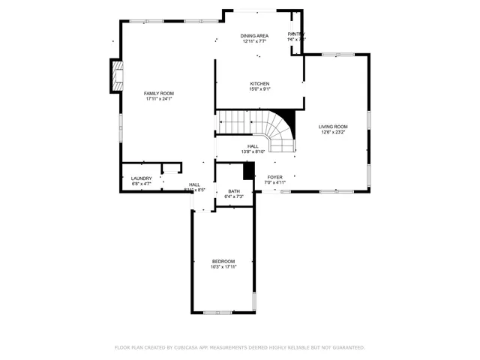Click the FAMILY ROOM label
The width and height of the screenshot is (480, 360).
[x=158, y=93]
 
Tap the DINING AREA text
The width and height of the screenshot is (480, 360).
[x=254, y=36]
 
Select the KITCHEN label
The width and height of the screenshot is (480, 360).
[x=259, y=83]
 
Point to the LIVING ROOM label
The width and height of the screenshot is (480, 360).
[x=333, y=127]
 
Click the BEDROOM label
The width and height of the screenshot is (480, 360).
[x=223, y=261]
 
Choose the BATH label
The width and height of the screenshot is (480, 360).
[x=233, y=191]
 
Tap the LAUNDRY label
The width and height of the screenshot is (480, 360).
[x=141, y=178]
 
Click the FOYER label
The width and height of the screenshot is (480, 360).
[x=275, y=177]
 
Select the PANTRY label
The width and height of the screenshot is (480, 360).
[x=296, y=34]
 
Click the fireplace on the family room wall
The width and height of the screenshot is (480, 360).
[x=116, y=76]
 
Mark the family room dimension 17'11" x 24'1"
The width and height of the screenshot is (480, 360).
[x=158, y=99]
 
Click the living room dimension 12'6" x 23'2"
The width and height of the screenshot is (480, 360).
[x=333, y=133]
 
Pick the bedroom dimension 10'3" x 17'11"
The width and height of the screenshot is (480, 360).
[x=223, y=267]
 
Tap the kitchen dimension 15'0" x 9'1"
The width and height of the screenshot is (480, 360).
[x=259, y=89]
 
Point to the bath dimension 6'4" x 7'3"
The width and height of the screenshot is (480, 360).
[x=233, y=197]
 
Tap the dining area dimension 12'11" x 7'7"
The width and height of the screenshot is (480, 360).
[x=254, y=42]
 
